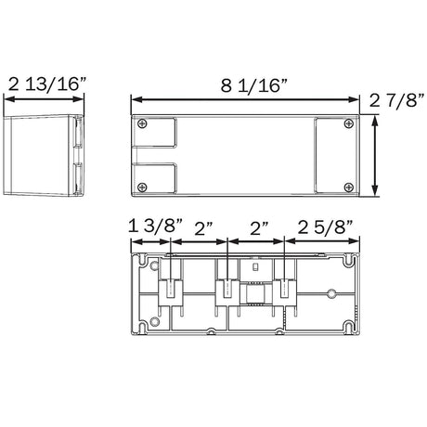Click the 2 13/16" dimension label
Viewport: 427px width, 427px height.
[x=46, y=84]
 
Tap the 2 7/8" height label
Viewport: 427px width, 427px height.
[x=396, y=100]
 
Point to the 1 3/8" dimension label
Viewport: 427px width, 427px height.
[x=156, y=226]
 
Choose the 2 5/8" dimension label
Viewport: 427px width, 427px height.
[x=325, y=227]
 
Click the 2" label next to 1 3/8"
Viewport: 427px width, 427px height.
[x=203, y=229]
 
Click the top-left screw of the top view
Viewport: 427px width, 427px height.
[x=142, y=123]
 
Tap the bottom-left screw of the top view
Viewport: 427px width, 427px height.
[x=142, y=188]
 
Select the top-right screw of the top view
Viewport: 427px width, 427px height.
[x=349, y=123]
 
